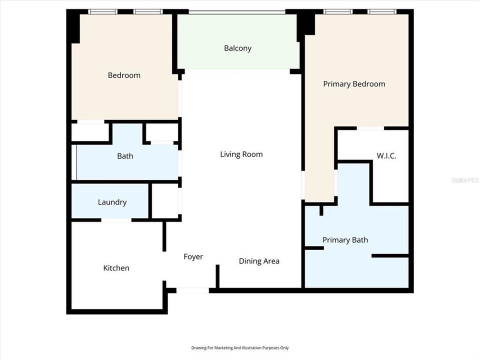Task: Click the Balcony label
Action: point(237,48)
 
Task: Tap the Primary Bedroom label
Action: point(354,84)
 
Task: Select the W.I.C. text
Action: point(386,156)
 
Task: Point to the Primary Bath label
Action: point(345,240)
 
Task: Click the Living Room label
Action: point(241,154)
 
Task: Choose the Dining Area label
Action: point(259,261)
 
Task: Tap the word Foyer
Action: point(193,257)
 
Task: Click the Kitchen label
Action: point(116,268)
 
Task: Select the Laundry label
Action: point(112,202)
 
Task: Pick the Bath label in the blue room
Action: point(125,156)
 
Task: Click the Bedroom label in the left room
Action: point(124,75)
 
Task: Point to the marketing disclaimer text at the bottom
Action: point(240,348)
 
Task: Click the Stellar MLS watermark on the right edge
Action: point(465,179)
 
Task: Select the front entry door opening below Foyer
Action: point(192,290)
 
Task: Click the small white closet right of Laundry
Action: point(165,200)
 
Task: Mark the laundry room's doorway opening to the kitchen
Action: point(116,220)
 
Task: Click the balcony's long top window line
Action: point(237,11)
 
